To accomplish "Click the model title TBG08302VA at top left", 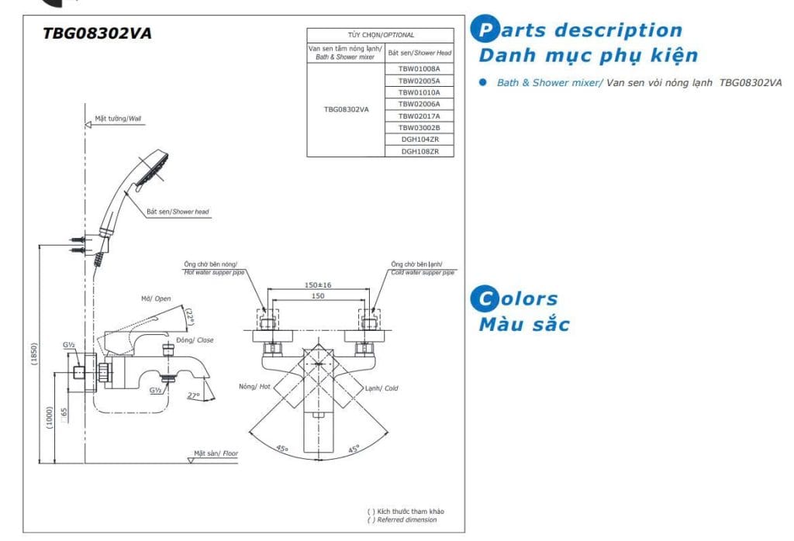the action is pyautogui.click(x=97, y=33).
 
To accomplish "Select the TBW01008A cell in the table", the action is pyautogui.click(x=419, y=69).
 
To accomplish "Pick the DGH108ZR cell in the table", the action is pyautogui.click(x=419, y=151).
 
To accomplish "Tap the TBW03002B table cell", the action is pyautogui.click(x=419, y=128).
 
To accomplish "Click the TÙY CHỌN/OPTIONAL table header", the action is pyautogui.click(x=380, y=35).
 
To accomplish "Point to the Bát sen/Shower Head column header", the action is pyautogui.click(x=419, y=53).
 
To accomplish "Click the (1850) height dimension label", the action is pyautogui.click(x=34, y=353).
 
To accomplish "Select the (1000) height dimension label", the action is pyautogui.click(x=50, y=418).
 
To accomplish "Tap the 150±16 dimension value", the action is pyautogui.click(x=317, y=285).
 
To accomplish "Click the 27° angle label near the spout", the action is pyautogui.click(x=194, y=395).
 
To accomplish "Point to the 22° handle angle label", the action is pyautogui.click(x=190, y=317).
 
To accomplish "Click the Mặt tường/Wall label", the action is pyautogui.click(x=118, y=119).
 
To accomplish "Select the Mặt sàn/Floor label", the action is pyautogui.click(x=216, y=453).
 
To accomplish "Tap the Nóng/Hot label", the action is pyautogui.click(x=254, y=387).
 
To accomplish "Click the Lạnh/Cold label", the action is pyautogui.click(x=381, y=388).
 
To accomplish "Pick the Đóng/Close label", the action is pyautogui.click(x=195, y=340).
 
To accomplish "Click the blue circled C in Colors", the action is pyautogui.click(x=485, y=298).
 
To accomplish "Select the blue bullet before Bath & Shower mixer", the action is pyautogui.click(x=483, y=82).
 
